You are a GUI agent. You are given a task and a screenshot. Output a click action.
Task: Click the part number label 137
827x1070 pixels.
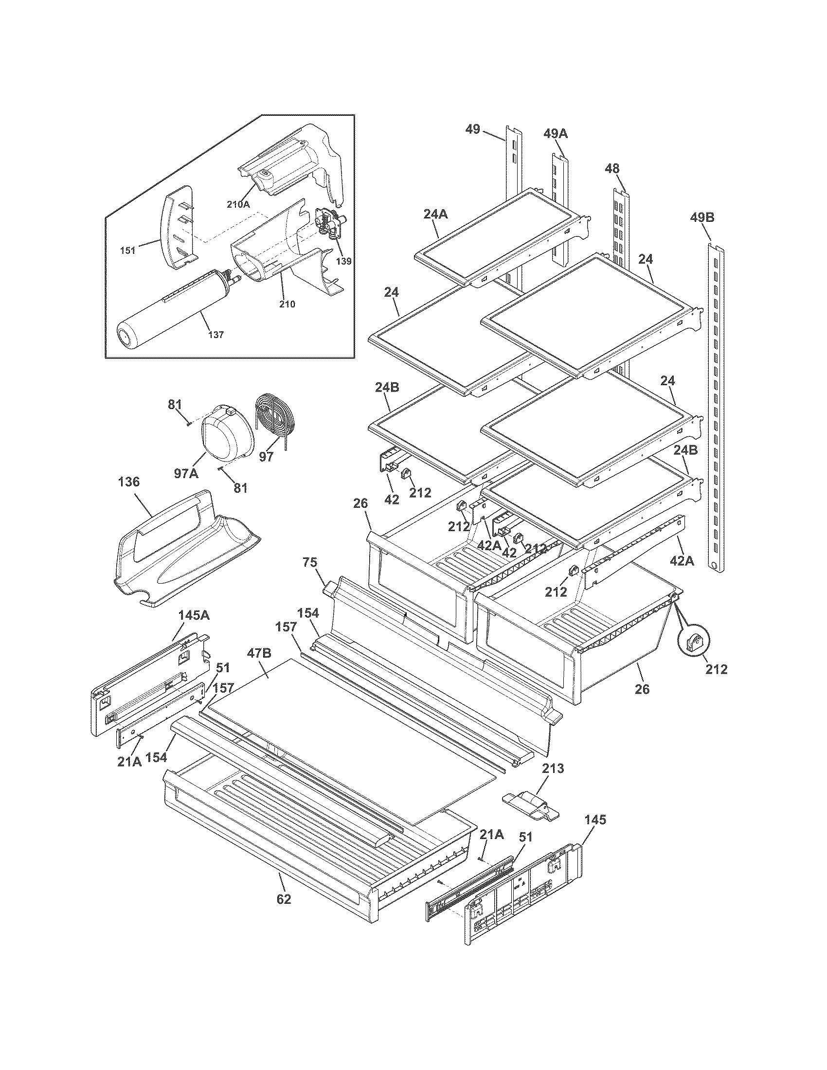coord(216,335)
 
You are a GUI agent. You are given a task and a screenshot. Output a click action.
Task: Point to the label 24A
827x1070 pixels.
coord(435,214)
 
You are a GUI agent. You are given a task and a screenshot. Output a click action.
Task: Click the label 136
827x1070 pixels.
coord(129,482)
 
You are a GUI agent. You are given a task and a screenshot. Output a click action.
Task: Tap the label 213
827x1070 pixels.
coord(553,768)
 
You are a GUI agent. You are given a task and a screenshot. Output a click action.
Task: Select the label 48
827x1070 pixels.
coord(612,169)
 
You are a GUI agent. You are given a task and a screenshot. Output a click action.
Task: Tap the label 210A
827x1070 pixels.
coord(238,205)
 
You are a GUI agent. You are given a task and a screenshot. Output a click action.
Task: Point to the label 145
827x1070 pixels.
coord(595,819)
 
